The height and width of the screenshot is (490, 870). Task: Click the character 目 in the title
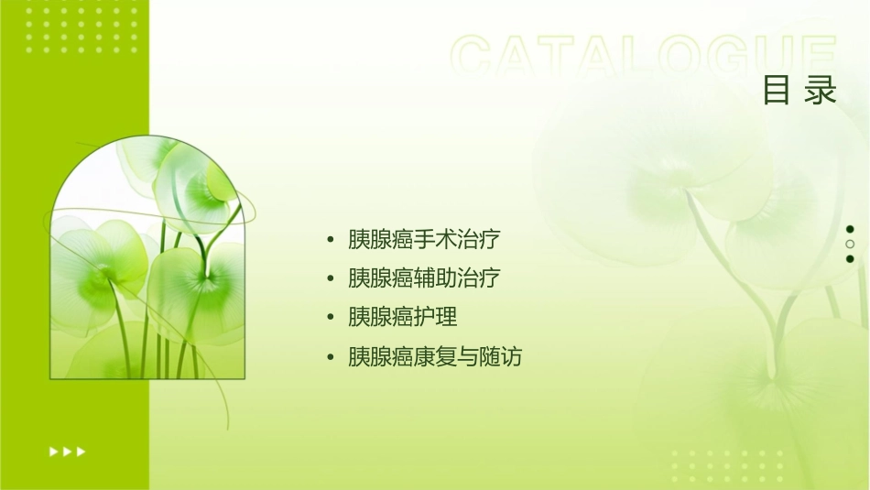click(777, 92)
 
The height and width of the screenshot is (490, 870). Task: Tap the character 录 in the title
click(821, 92)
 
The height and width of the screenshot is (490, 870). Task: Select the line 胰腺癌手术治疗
click(424, 240)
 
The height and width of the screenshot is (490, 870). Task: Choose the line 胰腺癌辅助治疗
click(424, 278)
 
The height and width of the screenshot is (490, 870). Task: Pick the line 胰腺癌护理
click(402, 317)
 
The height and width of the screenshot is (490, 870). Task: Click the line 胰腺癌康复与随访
click(435, 356)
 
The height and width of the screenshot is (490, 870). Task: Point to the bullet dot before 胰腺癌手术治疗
click(330, 241)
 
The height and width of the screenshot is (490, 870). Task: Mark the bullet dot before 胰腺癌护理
click(330, 318)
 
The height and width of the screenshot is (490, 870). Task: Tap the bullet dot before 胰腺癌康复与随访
click(330, 357)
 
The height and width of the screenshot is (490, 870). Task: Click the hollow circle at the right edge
click(850, 245)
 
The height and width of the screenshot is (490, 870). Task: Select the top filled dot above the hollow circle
click(850, 229)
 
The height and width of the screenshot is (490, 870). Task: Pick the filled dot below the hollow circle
click(850, 259)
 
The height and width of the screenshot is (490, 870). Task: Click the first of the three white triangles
click(53, 452)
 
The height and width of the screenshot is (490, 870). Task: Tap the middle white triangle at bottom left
click(67, 452)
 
